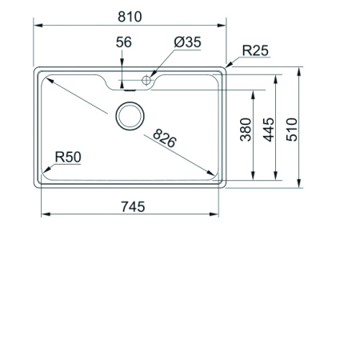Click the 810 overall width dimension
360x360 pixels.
point(130,16)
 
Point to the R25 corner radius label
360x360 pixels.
point(255,50)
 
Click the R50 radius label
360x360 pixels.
point(68,157)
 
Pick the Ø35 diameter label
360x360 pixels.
point(186,42)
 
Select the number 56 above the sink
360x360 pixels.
point(123,42)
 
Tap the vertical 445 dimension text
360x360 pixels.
point(269,128)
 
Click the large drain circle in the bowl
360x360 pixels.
point(130,116)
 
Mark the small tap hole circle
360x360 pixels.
point(147,80)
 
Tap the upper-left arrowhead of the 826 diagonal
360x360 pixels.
point(47,77)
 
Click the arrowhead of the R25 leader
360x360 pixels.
point(227,66)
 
